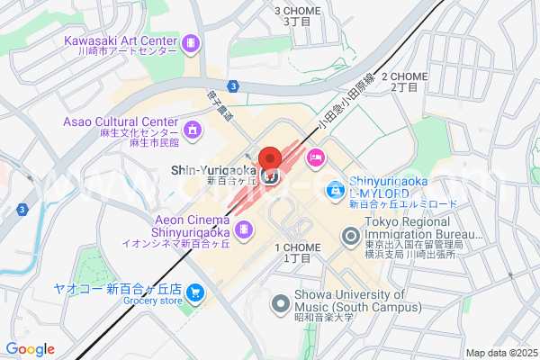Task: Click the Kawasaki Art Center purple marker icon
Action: [191, 43]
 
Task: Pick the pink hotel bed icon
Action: [315, 159]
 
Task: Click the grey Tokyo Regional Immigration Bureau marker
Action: [351, 237]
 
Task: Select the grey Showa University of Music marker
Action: [280, 304]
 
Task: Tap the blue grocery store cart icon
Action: [195, 293]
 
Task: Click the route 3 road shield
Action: [232, 85]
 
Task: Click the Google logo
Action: [30, 349]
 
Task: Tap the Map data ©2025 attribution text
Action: [500, 353]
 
